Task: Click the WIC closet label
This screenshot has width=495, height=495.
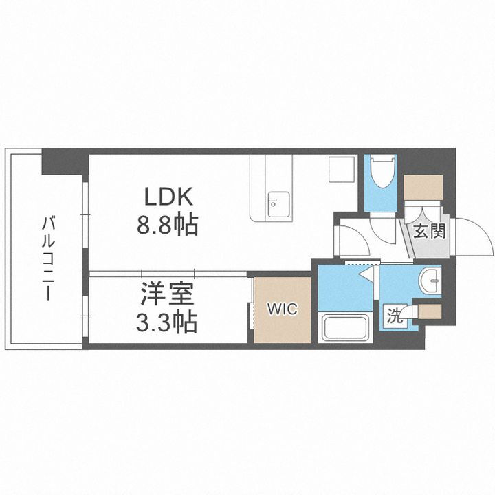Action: click(282, 309)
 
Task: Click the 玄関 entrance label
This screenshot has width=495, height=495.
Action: click(429, 230)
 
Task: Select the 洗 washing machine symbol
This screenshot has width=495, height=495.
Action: click(395, 316)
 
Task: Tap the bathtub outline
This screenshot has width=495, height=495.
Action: click(346, 327)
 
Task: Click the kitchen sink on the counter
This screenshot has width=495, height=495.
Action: click(278, 204)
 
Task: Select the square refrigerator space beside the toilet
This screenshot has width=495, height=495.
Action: click(340, 169)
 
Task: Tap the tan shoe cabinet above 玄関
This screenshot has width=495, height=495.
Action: click(423, 186)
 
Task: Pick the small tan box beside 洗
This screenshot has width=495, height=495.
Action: click(430, 313)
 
